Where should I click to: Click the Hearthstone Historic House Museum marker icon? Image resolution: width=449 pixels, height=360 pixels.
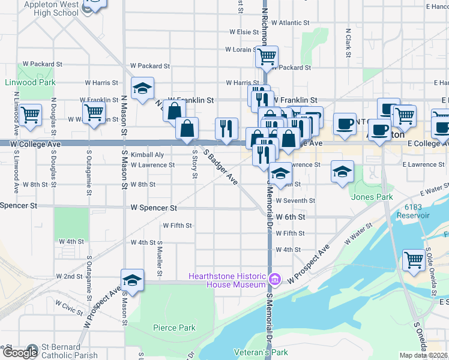pos(276,278)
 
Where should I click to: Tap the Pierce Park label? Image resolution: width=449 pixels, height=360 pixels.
pos(174,328)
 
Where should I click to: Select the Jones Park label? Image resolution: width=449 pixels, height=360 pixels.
pos(372,197)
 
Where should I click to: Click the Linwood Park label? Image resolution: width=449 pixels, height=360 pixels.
pos(30,82)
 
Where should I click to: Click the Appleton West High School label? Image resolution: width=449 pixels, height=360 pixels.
pos(51,8)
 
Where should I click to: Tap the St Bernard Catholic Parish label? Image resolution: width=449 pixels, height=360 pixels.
pos(68,351)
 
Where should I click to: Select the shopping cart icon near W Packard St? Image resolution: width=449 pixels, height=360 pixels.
pos(267,57)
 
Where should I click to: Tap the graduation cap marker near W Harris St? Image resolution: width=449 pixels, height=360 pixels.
pos(142,88)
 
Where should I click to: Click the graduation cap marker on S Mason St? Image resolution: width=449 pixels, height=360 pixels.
pos(132,280)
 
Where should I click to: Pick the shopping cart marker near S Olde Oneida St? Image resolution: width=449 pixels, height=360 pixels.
pos(414,260)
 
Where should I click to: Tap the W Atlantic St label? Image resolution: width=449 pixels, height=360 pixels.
pos(290,23)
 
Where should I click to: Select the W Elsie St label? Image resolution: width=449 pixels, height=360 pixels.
pos(243,32)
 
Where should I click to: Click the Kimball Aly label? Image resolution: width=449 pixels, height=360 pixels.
pos(143,154)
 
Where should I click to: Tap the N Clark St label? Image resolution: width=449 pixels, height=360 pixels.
pos(348,43)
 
